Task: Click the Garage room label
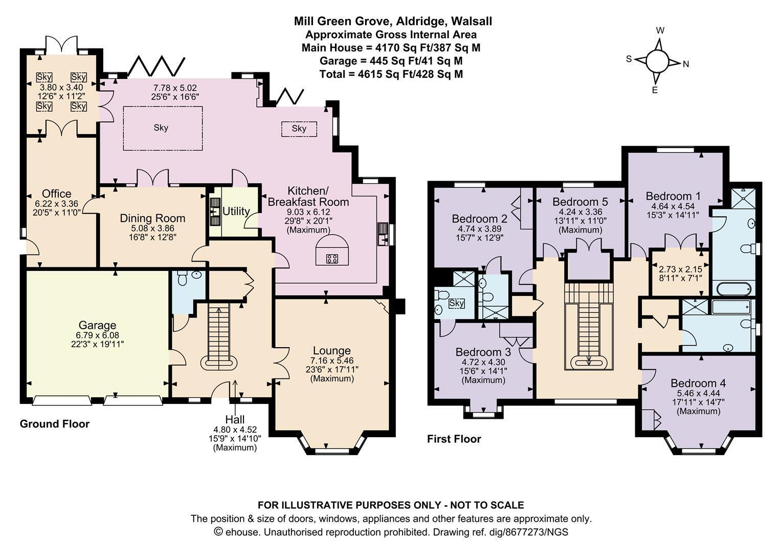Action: [97, 326]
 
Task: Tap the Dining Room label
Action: [152, 219]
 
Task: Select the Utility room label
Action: [236, 211]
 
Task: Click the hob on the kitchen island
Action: [331, 259]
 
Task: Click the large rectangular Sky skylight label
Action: [161, 128]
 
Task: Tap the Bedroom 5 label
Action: [580, 202]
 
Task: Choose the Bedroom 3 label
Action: [483, 352]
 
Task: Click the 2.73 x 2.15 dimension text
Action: [680, 269]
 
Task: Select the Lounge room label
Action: [331, 351]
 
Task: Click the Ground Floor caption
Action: [55, 424]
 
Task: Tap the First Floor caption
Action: [454, 439]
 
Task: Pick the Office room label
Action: [57, 194]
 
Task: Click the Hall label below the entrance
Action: [235, 419]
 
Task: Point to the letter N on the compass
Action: [686, 65]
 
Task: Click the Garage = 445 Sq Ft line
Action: [391, 61]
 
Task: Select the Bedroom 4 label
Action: [698, 383]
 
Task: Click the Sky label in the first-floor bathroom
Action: [457, 303]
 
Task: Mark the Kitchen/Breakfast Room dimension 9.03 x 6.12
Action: [308, 212]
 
